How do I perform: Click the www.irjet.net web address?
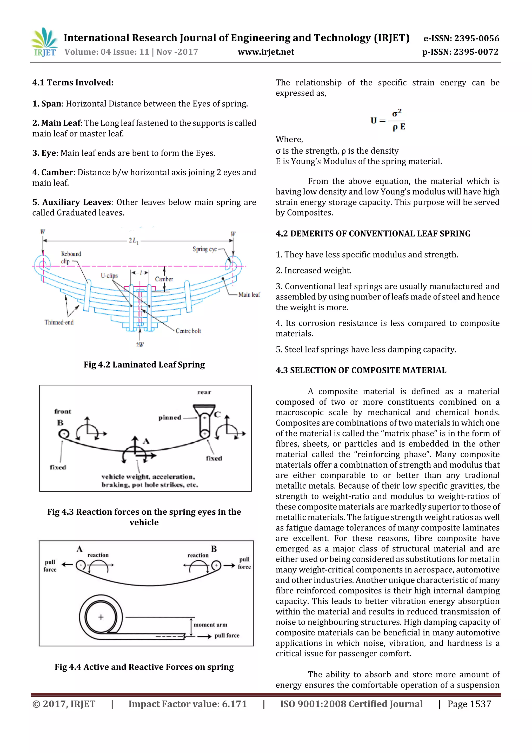(x=266, y=52)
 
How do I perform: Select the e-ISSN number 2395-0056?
(x=461, y=38)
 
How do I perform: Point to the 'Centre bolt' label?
(x=188, y=331)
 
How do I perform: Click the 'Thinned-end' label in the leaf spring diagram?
(x=59, y=322)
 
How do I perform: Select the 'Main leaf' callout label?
(x=249, y=294)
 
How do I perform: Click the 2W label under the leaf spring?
(x=140, y=345)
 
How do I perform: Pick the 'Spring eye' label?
(x=204, y=249)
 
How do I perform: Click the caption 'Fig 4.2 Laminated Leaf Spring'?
(x=144, y=364)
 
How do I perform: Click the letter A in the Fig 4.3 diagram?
(x=146, y=441)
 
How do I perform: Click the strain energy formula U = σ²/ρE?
(x=388, y=120)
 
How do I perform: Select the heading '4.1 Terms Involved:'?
(x=73, y=82)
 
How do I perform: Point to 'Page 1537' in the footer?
(x=469, y=704)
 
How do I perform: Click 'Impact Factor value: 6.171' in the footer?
(x=188, y=704)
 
